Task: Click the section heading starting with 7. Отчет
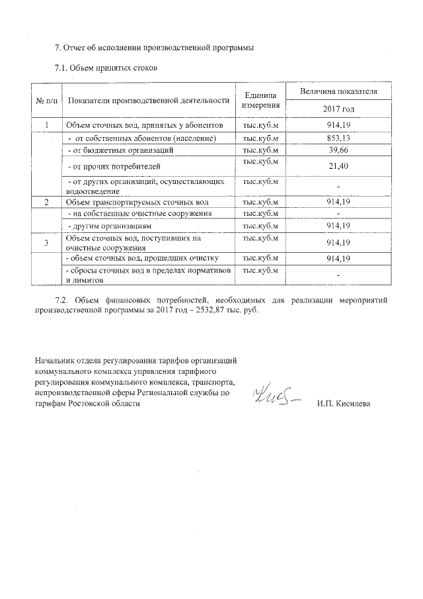(153, 48)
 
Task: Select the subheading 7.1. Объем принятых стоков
(105, 68)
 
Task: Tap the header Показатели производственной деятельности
(148, 101)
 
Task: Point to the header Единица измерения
(260, 101)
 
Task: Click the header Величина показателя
(338, 91)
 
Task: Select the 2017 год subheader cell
(338, 109)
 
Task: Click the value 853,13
(338, 138)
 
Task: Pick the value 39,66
(338, 151)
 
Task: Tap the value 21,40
(338, 167)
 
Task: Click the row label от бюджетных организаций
(121, 151)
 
